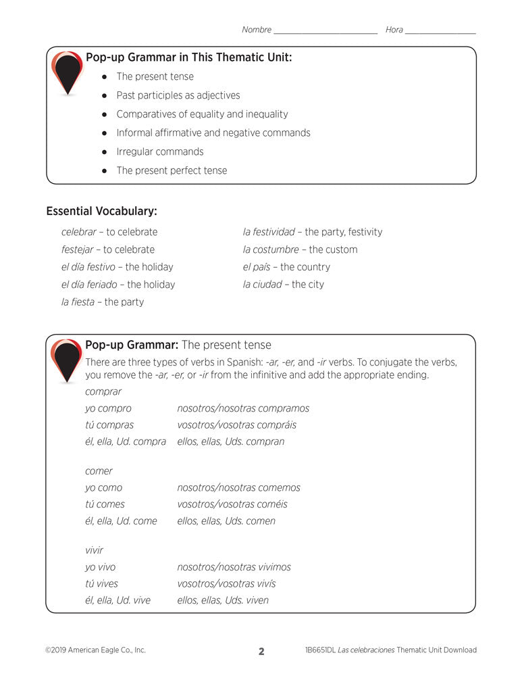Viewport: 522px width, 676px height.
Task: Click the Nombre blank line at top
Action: [325, 32]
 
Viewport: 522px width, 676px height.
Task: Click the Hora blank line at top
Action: [440, 32]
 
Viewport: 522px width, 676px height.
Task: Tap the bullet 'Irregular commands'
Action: [160, 151]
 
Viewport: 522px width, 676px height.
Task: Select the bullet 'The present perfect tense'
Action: [172, 170]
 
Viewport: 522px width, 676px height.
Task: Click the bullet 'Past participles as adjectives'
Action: [178, 95]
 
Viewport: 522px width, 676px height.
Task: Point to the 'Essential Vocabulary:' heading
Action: [101, 212]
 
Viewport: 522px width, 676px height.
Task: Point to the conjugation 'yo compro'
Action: [108, 408]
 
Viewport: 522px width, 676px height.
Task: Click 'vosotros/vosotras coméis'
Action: [232, 504]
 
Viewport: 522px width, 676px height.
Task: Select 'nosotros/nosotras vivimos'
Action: [234, 567]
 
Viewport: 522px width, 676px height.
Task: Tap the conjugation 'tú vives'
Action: [101, 583]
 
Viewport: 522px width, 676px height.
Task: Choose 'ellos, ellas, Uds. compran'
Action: [230, 441]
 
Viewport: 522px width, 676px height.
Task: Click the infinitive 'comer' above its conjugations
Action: [99, 471]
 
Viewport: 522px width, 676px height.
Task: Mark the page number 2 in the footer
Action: [261, 652]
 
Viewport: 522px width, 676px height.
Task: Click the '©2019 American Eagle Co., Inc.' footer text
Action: [95, 650]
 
